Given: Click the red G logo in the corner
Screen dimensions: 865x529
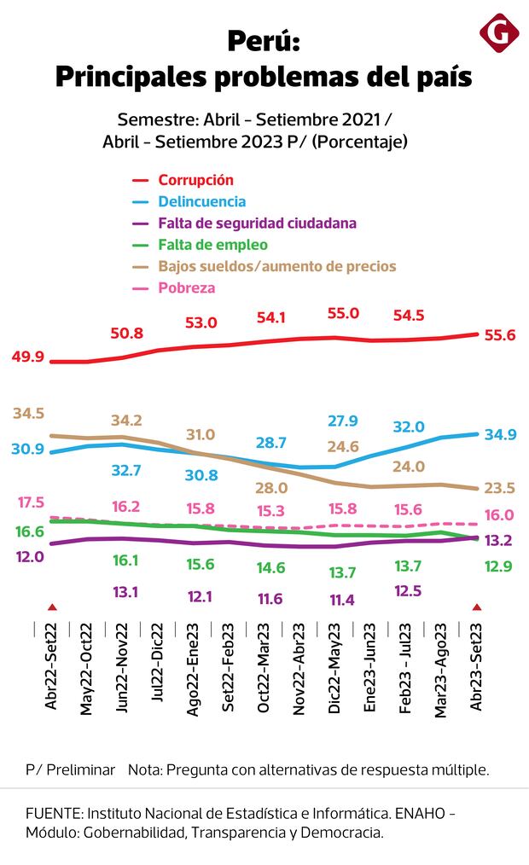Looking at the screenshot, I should click(x=499, y=33).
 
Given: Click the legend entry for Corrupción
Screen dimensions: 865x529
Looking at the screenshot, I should click(x=195, y=180).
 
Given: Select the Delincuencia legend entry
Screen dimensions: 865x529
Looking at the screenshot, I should click(x=202, y=201).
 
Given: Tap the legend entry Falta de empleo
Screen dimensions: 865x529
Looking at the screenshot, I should click(x=212, y=245).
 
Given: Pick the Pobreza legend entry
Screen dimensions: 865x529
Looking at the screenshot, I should click(x=186, y=287).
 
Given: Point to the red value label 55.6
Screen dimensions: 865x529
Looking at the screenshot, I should click(x=499, y=335).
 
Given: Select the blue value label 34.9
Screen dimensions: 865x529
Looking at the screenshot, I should click(x=499, y=435).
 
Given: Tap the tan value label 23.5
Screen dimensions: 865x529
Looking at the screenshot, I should click(x=499, y=488).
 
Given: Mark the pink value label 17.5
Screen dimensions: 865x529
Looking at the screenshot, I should click(x=29, y=502).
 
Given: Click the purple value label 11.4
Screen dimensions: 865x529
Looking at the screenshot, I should click(x=341, y=600).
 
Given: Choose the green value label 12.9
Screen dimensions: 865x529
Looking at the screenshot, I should click(x=499, y=566).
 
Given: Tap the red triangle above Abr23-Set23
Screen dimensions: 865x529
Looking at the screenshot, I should click(x=476, y=607).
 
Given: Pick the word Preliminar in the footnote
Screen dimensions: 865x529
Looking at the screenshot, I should click(x=81, y=769).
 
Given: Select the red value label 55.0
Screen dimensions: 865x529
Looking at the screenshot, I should click(x=343, y=313).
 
